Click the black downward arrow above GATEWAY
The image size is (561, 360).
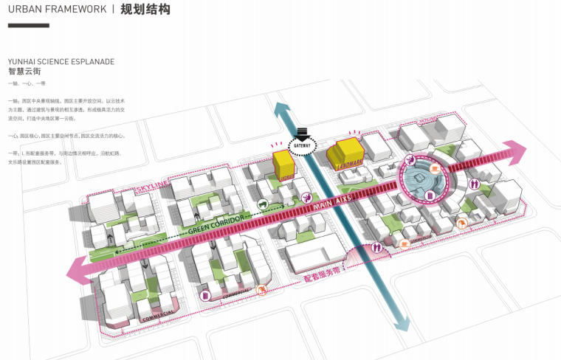[301, 132]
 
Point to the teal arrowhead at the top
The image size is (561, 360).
[283, 110]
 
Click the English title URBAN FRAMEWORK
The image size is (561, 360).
[56, 10]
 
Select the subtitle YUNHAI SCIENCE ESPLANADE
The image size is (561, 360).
[61, 62]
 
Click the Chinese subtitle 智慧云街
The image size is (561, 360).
[24, 72]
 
